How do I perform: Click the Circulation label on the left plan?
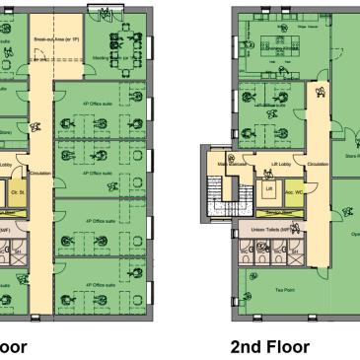(x=40, y=174)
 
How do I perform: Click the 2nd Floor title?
(x=270, y=346)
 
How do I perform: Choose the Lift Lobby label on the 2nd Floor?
(x=280, y=164)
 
